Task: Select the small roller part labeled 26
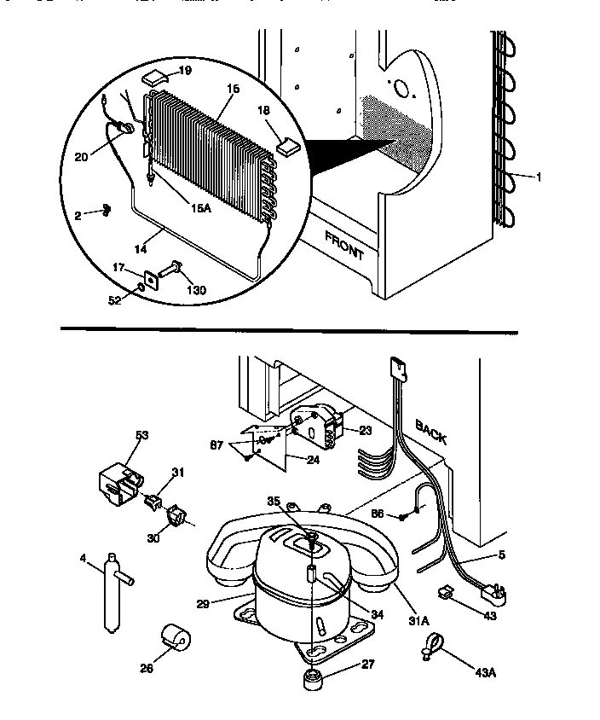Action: [x=176, y=638]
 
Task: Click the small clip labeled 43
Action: [x=445, y=591]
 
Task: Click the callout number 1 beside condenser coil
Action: [x=538, y=177]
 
